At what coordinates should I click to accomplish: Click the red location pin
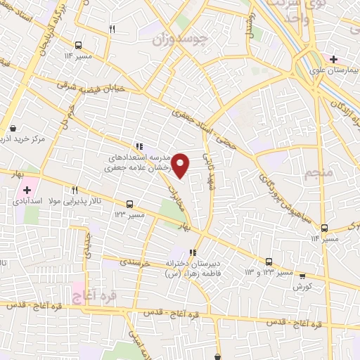181,165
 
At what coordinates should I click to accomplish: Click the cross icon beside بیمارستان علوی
334,60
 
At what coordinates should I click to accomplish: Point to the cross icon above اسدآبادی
27,190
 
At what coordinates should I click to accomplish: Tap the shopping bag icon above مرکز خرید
13,128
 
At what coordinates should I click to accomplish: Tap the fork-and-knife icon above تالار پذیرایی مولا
75,190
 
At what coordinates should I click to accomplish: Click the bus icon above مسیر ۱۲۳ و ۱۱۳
269,260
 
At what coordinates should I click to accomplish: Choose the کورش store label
302,286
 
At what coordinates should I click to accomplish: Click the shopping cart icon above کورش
302,276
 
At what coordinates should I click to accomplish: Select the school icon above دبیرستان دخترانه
193,252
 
